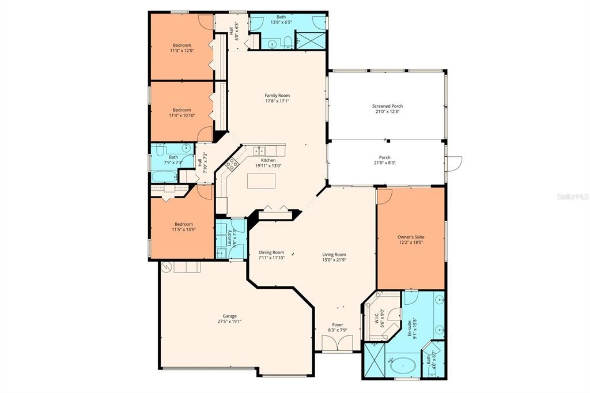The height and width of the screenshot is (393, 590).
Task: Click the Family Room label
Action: pyautogui.click(x=277, y=96)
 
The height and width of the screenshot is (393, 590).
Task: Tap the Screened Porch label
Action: pyautogui.click(x=387, y=106)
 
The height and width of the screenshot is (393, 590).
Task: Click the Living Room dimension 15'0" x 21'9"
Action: pyautogui.click(x=334, y=260)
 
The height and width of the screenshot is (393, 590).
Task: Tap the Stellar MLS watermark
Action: pyautogui.click(x=571, y=197)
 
